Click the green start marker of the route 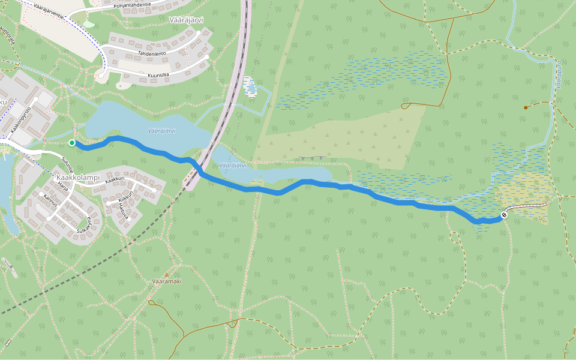click(x=72, y=143)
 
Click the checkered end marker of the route click(x=504, y=215)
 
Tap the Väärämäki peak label click(x=167, y=281)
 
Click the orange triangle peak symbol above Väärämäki click(x=167, y=275)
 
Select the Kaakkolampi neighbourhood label click(x=77, y=178)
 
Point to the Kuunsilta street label click(x=158, y=75)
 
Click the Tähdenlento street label click(x=153, y=53)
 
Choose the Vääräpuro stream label click(x=558, y=75)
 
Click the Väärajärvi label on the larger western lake click(x=161, y=131)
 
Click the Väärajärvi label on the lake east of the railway click(x=233, y=165)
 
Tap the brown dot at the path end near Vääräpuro click(x=526, y=107)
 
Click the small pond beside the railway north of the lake click(x=251, y=89)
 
